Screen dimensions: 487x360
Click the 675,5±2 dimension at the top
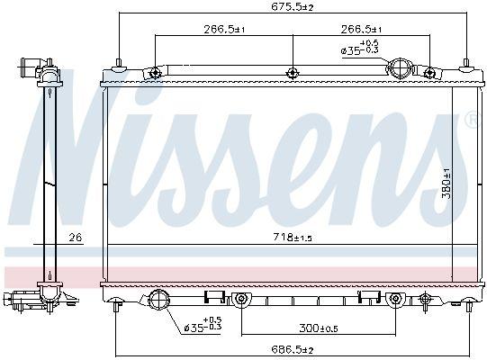click(293, 7)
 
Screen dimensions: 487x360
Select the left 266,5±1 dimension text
click(224, 30)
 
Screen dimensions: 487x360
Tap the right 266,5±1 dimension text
click(361, 30)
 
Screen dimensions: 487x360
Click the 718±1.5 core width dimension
click(293, 238)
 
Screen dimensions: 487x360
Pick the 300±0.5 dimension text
click(319, 328)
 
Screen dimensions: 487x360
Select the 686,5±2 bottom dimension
click(293, 350)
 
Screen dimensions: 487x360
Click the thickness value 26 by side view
click(76, 238)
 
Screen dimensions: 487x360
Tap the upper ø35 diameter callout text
click(360, 48)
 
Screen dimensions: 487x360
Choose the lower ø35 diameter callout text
click(203, 324)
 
